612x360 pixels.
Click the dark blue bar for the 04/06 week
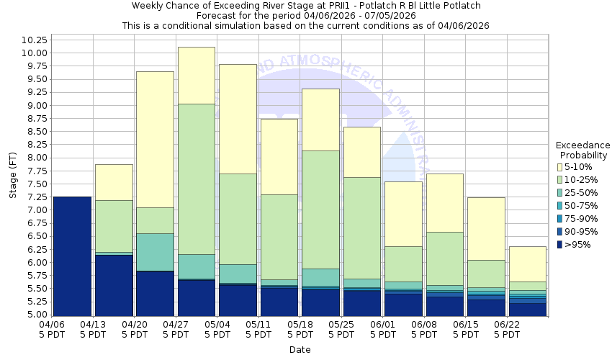(72, 256)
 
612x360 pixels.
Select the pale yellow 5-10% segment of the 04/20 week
(155, 139)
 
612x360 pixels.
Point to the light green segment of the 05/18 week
(320, 210)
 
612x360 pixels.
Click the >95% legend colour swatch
(559, 245)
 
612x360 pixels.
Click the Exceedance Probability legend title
(582, 150)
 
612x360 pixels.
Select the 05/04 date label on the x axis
(217, 330)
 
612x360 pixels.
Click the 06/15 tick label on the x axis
(466, 330)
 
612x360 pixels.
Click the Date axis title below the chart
(300, 349)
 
